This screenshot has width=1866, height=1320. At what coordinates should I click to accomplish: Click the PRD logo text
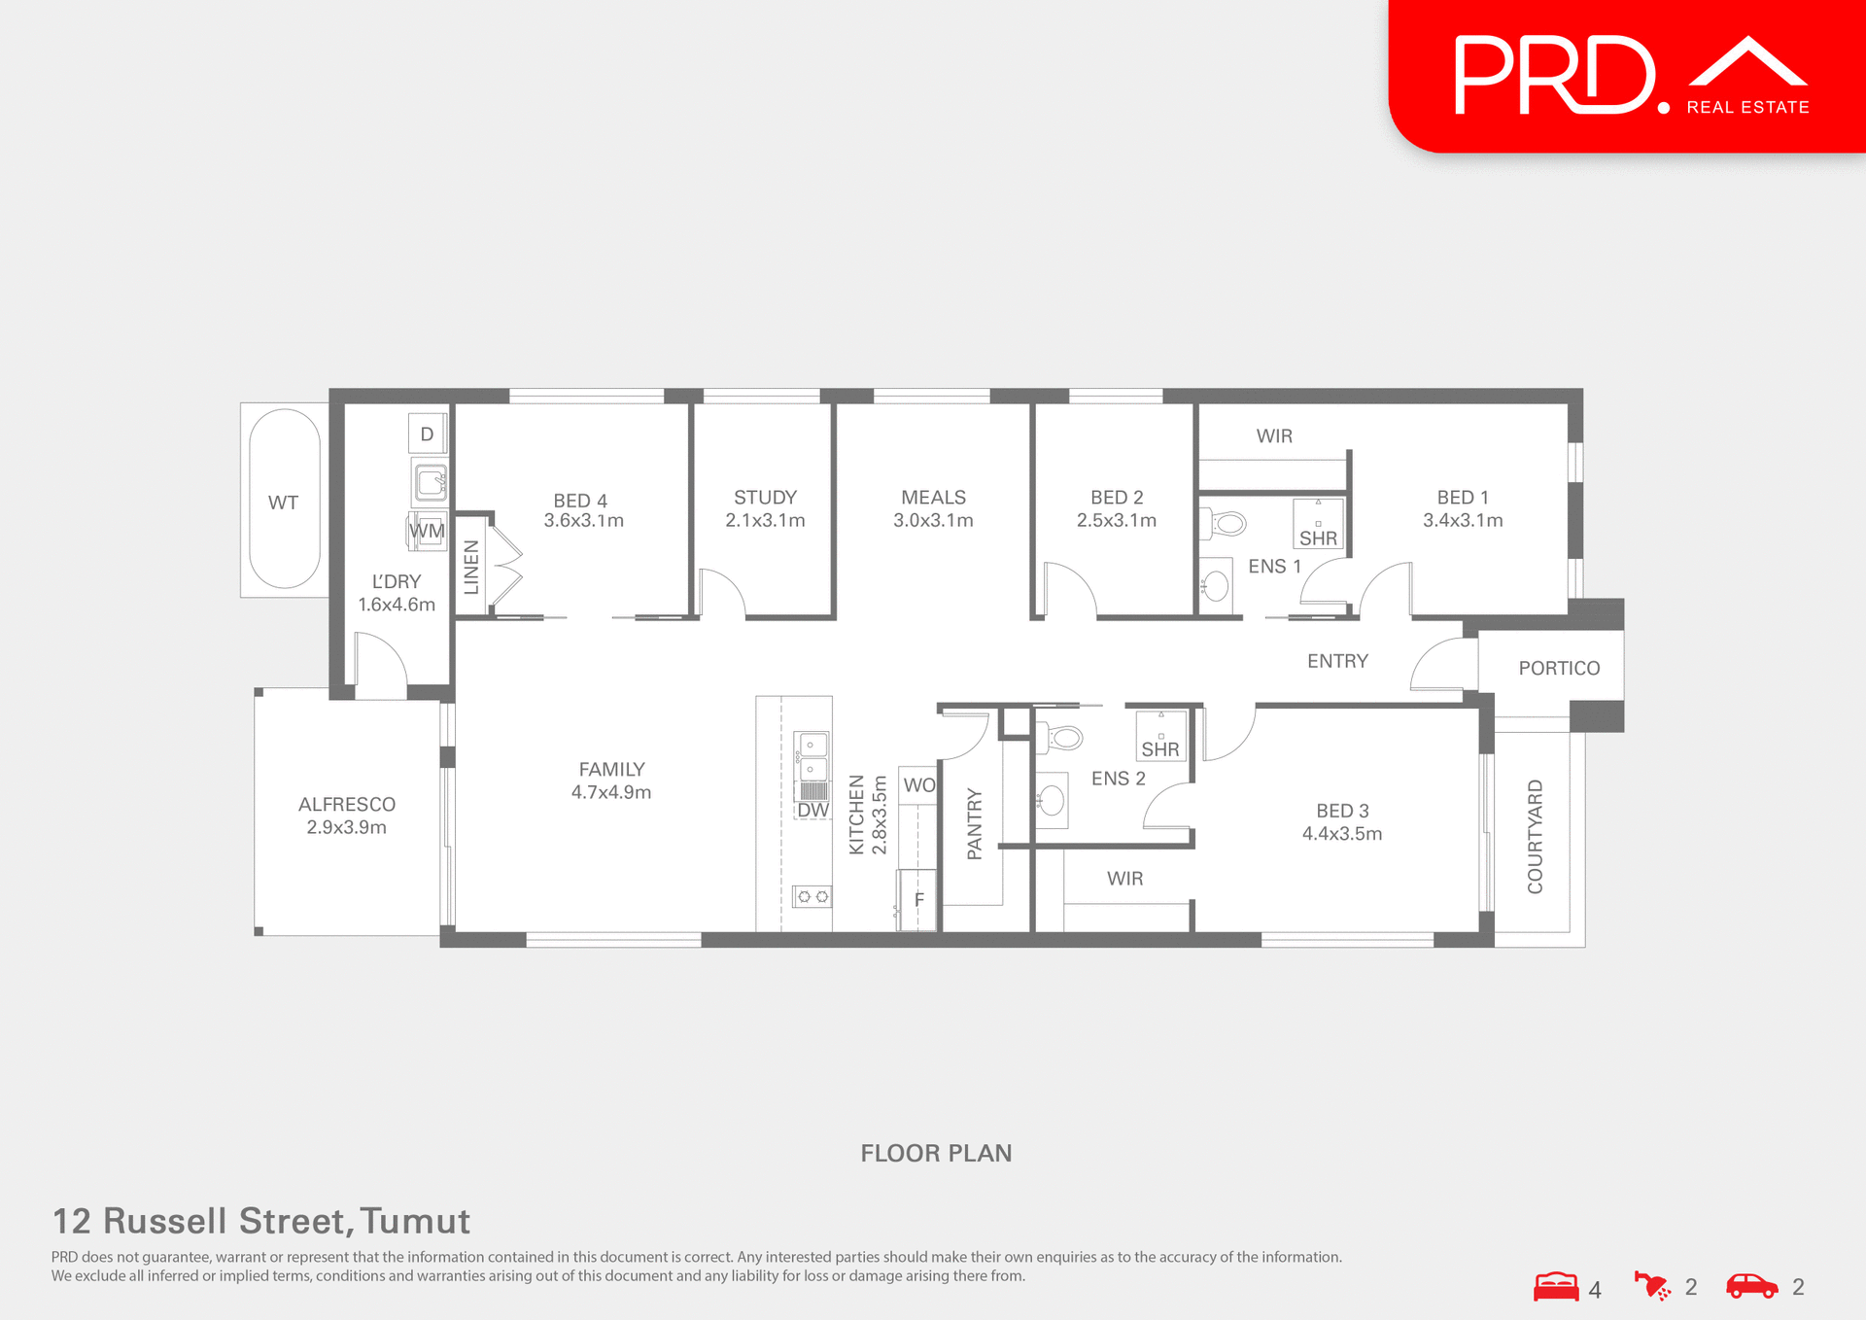[1555, 75]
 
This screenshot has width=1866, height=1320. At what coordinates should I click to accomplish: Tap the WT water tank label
[283, 503]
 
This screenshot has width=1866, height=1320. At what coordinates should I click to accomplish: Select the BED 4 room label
[582, 509]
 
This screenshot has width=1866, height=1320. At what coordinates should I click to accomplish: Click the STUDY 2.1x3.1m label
[765, 508]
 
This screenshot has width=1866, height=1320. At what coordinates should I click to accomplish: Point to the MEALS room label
[933, 508]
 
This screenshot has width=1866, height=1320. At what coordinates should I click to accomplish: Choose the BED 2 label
[1116, 508]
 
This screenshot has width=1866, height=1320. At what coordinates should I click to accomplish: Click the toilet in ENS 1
[1227, 524]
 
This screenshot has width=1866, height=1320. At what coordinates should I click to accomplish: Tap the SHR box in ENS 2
[1160, 737]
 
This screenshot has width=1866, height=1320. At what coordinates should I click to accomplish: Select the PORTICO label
[1559, 668]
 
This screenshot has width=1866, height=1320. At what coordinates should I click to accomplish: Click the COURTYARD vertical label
[1535, 836]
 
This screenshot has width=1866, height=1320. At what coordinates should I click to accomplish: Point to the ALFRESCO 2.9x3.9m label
[347, 816]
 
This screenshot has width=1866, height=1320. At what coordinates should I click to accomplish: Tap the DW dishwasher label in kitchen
[812, 810]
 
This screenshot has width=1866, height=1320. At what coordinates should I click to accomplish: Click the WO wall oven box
[918, 784]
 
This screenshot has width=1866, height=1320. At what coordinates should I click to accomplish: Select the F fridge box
[917, 899]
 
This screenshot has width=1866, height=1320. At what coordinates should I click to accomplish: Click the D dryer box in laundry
[427, 434]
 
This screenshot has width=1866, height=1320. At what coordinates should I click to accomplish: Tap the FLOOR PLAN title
[936, 1153]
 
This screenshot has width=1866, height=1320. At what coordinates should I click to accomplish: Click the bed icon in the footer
[1556, 1286]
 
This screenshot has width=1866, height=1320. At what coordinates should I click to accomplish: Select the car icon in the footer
[1751, 1285]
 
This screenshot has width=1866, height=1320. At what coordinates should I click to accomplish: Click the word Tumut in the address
[415, 1221]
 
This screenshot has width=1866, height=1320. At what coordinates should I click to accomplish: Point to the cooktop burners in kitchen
[812, 896]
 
